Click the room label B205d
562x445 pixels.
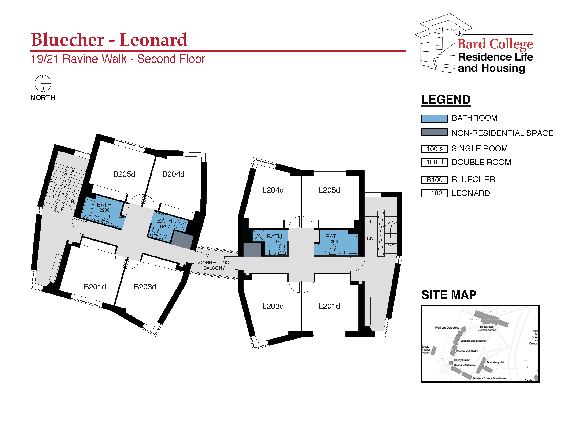tap(124, 174)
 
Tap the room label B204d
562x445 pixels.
tap(173, 174)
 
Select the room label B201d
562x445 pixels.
tap(95, 287)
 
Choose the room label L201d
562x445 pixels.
tap(329, 306)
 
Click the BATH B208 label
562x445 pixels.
tap(104, 207)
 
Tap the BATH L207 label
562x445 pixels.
tap(274, 239)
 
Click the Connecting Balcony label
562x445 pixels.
tap(214, 265)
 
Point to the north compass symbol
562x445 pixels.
tap(43, 83)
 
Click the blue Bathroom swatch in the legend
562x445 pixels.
tap(434, 119)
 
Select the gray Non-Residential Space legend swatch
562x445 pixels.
tap(434, 132)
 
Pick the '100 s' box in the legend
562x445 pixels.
tap(434, 149)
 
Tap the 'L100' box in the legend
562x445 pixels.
tap(434, 193)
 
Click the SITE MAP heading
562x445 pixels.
tap(449, 295)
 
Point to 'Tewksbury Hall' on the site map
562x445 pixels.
tap(495, 362)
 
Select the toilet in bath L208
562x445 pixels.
tap(333, 248)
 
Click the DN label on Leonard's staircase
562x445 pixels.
tap(370, 238)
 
